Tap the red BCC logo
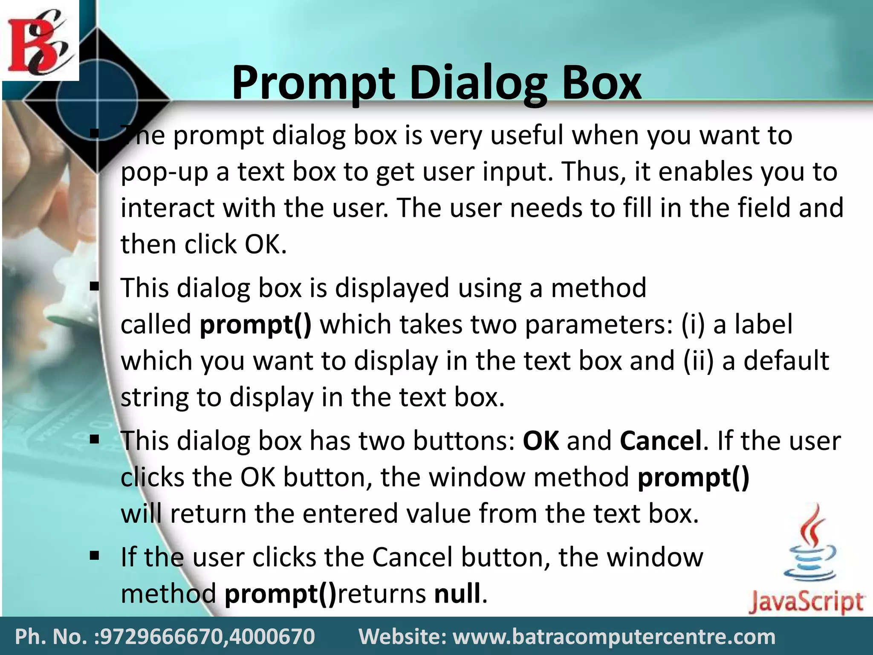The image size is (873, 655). point(39,41)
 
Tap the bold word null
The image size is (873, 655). point(457,593)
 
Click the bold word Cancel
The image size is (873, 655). point(660,441)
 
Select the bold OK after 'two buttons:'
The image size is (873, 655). point(541,441)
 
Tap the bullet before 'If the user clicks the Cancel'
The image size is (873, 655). point(95,556)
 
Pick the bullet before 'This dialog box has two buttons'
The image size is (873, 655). point(95,439)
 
